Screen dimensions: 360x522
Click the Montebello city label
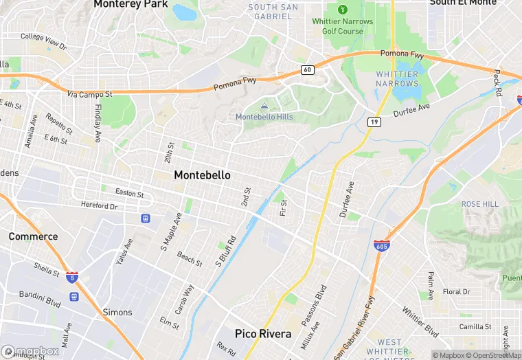(x=202, y=175)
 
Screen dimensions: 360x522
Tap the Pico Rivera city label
(x=263, y=334)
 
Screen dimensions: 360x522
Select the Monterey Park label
(x=130, y=4)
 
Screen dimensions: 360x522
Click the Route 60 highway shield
(x=307, y=70)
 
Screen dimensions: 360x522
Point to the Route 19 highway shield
(x=374, y=122)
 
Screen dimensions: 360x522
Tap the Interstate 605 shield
(x=383, y=245)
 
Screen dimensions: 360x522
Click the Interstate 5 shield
(x=72, y=277)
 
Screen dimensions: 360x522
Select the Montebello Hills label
(x=264, y=117)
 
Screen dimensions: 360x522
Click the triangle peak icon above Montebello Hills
(x=264, y=105)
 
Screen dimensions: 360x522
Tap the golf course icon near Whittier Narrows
(x=342, y=9)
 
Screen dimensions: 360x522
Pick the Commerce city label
(x=33, y=236)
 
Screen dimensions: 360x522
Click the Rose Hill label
(x=480, y=204)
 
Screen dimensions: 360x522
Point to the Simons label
(x=117, y=312)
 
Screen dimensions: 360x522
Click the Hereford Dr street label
(x=100, y=205)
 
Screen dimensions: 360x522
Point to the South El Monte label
(x=462, y=3)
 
